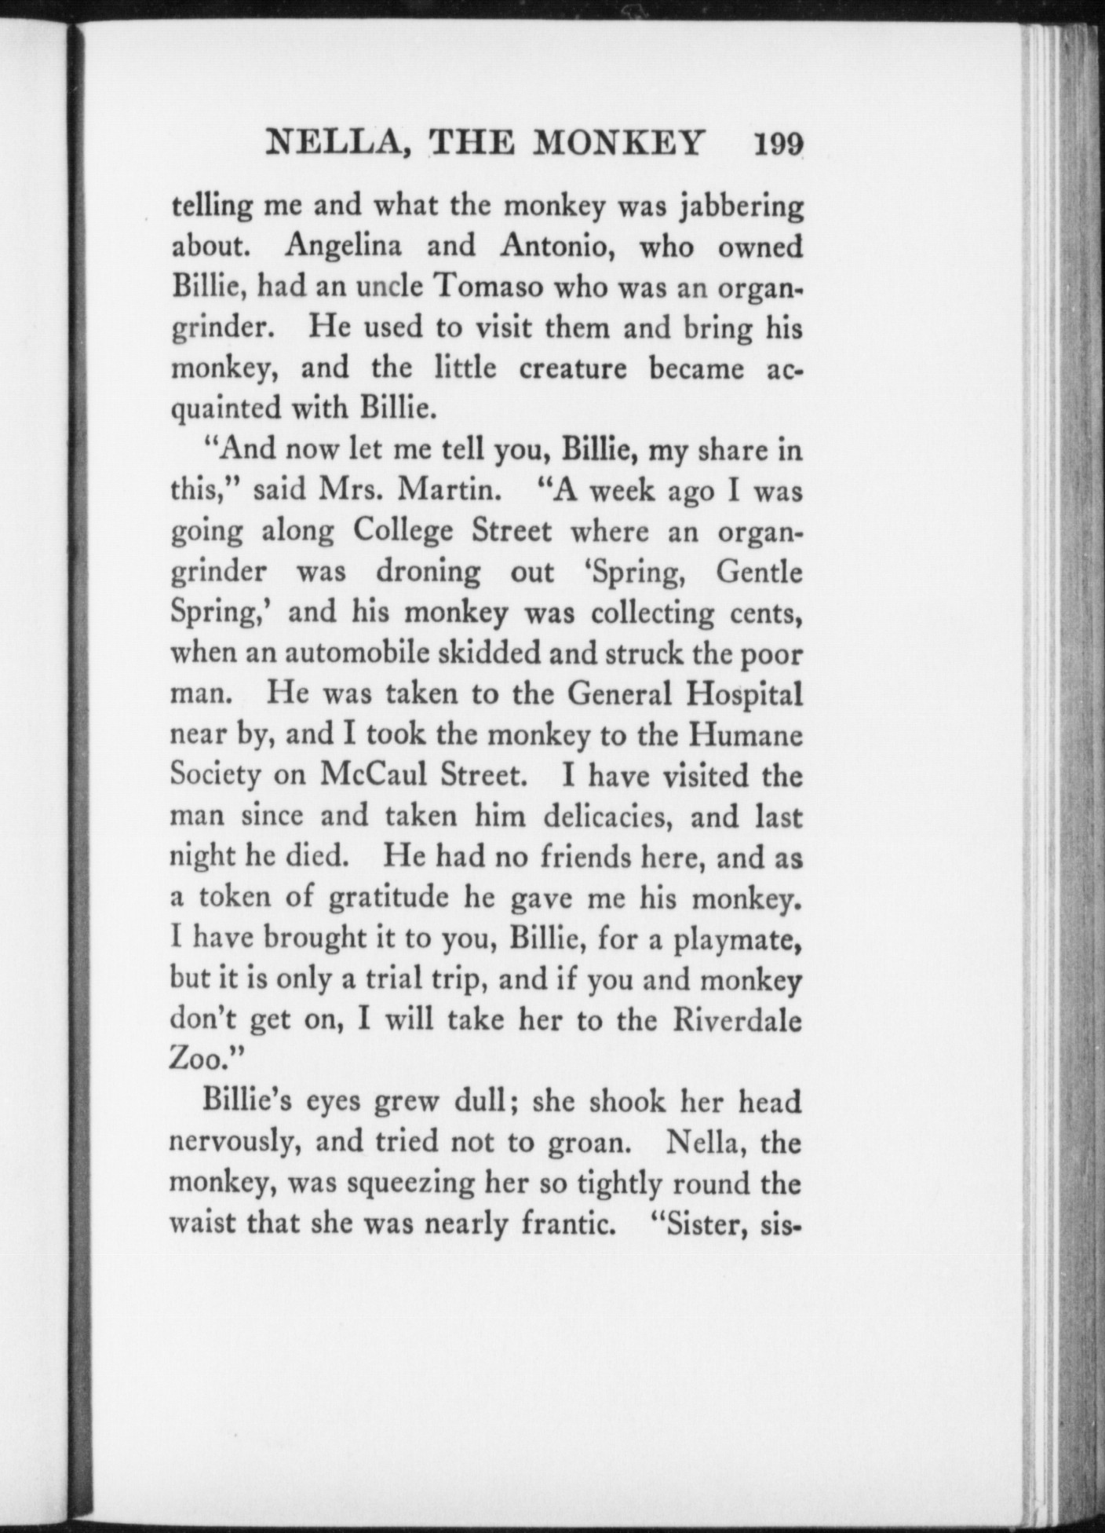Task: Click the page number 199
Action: click(778, 145)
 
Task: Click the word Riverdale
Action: click(737, 1020)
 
